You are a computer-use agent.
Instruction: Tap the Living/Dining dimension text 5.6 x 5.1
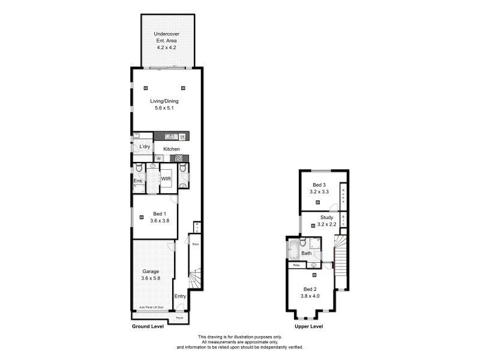pos(164,109)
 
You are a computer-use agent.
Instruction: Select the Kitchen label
pos(172,149)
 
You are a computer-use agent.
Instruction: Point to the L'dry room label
pos(144,146)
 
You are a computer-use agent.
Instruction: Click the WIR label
pos(166,178)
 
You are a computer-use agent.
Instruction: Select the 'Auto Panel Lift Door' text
pos(151,307)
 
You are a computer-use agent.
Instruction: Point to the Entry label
pos(180,296)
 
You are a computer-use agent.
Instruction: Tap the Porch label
pos(179,318)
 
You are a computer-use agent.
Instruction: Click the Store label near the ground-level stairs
pos(194,244)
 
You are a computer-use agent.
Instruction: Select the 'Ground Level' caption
pos(148,327)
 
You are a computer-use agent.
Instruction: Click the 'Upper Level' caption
pos(309,327)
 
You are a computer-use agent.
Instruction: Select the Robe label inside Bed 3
pos(343,196)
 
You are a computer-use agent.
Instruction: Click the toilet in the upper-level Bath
pos(304,242)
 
